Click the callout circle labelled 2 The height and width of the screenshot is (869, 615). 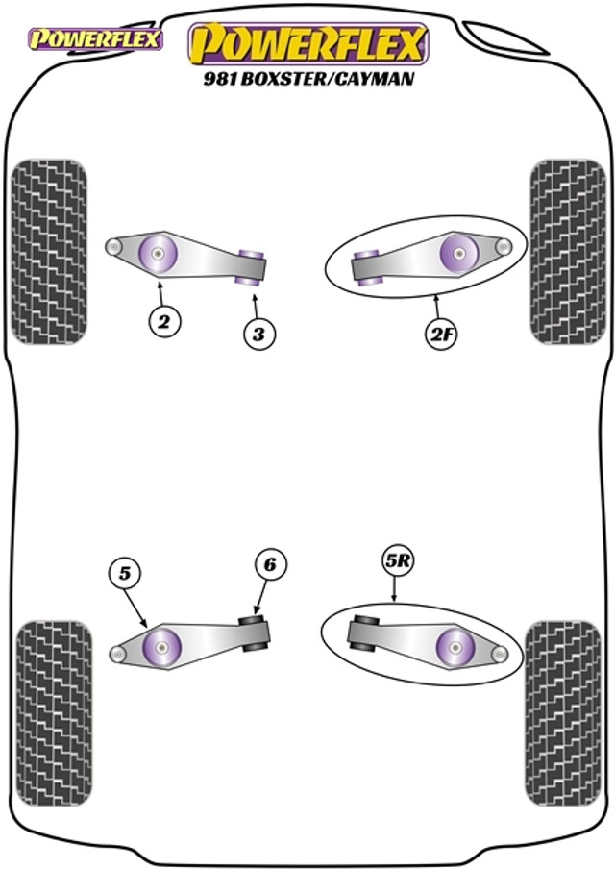click(x=164, y=324)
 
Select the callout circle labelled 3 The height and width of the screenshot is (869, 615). click(x=258, y=335)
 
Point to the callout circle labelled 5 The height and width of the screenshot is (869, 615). click(x=125, y=575)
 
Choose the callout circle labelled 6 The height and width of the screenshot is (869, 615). click(x=269, y=566)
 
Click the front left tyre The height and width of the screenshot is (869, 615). click(x=48, y=252)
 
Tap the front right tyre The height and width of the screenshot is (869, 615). click(x=567, y=252)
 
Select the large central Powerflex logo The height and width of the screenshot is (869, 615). click(x=307, y=44)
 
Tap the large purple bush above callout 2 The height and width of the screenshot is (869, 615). click(x=157, y=254)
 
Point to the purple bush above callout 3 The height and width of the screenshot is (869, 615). click(x=252, y=264)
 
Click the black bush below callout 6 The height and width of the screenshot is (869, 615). click(x=255, y=632)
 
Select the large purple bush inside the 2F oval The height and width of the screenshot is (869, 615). click(x=459, y=254)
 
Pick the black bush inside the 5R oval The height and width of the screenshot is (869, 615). click(x=361, y=631)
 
